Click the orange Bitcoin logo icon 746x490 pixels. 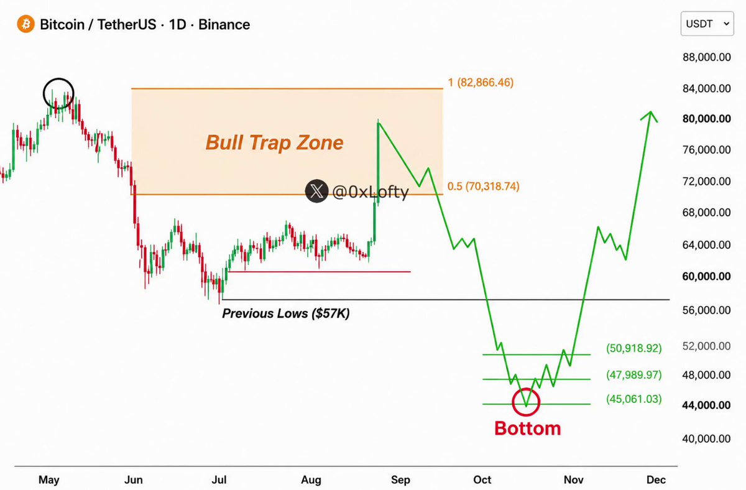(x=25, y=24)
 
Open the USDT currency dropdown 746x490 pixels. (x=707, y=24)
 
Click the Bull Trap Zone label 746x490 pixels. (x=274, y=142)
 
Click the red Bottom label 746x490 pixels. (x=528, y=428)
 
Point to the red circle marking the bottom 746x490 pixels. (x=513, y=402)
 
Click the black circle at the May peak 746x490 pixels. (x=44, y=94)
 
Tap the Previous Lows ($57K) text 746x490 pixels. (x=286, y=313)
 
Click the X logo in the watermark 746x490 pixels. (x=316, y=191)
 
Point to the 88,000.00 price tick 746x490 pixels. (x=707, y=57)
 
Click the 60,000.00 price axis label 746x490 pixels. (x=706, y=276)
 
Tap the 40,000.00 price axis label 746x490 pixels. (x=706, y=439)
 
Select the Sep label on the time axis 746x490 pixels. (x=400, y=479)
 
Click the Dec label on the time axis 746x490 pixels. (x=656, y=479)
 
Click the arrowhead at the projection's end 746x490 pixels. (x=650, y=112)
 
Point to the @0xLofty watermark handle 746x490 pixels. (x=371, y=192)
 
